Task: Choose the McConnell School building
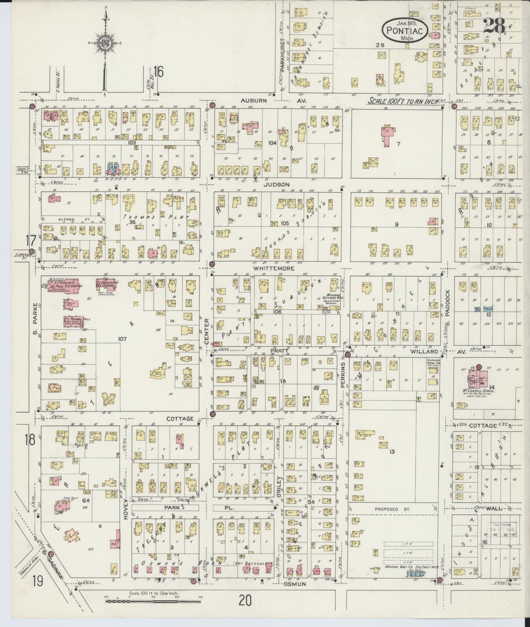[478, 380]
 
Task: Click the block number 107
[122, 339]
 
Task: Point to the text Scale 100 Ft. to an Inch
[403, 101]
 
